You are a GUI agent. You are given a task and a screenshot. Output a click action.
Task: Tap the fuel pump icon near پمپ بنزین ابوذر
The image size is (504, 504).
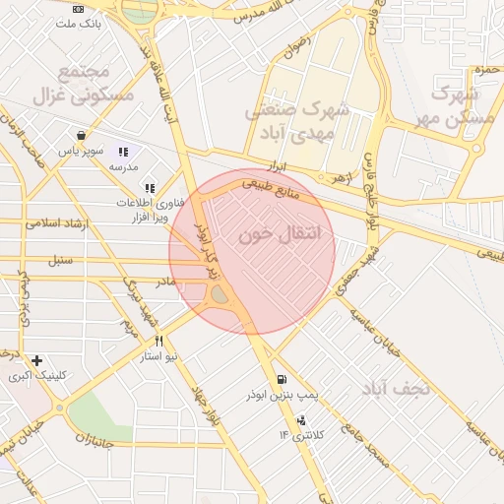(283, 380)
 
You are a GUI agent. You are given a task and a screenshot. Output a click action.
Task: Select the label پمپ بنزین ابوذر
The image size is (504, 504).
(247, 395)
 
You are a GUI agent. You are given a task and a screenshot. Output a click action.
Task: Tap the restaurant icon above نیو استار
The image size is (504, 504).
(159, 341)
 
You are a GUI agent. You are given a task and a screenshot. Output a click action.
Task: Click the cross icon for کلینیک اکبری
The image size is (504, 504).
(36, 361)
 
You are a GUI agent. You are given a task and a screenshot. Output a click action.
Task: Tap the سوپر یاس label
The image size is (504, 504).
(79, 151)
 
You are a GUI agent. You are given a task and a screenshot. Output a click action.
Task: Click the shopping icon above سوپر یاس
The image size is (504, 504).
(80, 136)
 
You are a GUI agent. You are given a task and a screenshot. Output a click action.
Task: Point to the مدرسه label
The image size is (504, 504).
(122, 167)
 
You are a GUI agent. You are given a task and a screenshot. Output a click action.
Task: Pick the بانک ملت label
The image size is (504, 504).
(79, 23)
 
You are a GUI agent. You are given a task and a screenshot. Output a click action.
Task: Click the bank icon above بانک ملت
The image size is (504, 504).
(79, 8)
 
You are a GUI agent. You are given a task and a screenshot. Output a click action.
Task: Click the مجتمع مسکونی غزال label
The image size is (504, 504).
(69, 85)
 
